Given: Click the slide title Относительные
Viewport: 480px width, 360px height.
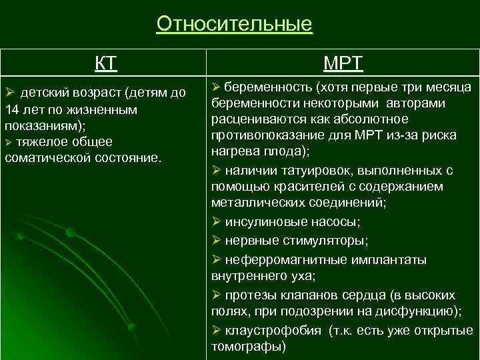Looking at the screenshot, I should point(234,24).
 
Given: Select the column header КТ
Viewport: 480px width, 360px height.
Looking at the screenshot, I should point(105,64).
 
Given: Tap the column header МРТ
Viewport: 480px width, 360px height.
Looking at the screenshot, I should point(343,64).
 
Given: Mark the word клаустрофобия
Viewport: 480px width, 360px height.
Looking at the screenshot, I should point(267,331).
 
